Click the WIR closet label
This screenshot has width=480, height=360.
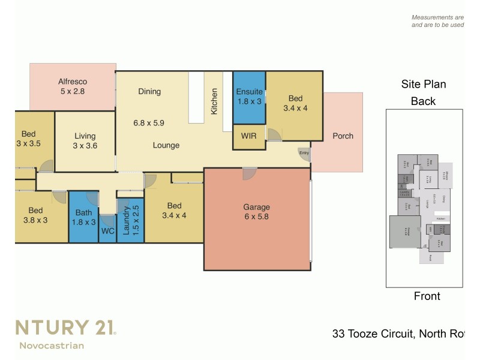coord(249,136)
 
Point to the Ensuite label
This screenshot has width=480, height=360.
coord(249,92)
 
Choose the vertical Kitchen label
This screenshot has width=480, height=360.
coord(214,101)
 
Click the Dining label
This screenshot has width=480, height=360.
coord(149,92)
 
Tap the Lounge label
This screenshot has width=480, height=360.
coord(166,145)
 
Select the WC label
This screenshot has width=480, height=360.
coord(108,230)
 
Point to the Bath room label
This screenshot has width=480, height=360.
coord(83,212)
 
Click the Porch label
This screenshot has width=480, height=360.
coord(343,136)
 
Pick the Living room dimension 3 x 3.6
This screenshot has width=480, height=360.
coord(85,146)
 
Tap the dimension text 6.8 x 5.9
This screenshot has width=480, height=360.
coord(149,123)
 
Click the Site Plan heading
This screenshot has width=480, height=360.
coord(424,85)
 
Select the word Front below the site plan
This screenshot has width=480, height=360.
coord(427,296)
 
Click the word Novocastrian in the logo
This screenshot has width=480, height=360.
coord(51,345)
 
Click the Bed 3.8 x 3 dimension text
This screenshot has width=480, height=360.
coord(35,220)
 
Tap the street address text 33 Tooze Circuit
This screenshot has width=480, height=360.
coord(373,334)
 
